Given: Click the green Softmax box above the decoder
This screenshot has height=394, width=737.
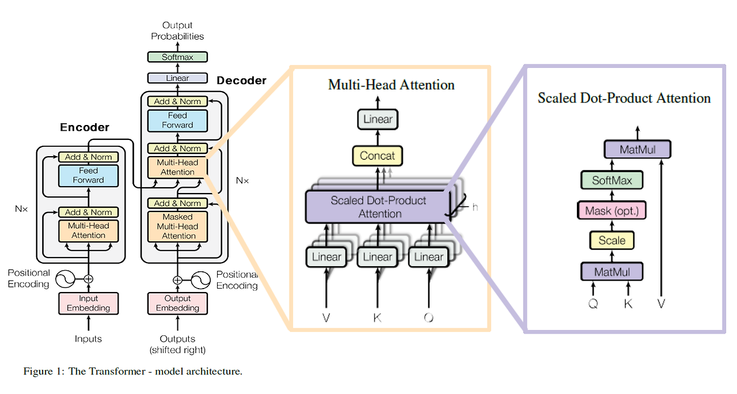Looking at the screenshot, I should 177,57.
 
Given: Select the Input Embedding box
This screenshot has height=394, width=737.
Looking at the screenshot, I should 89,303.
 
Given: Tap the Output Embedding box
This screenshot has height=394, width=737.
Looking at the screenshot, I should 177,303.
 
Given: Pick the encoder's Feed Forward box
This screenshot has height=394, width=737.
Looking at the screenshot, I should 89,175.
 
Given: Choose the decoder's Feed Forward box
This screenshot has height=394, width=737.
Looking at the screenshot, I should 177,120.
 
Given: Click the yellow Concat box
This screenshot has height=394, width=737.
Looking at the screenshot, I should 378,156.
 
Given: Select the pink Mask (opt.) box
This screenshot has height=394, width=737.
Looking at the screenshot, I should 611,211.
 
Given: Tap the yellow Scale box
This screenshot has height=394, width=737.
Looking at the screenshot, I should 611,241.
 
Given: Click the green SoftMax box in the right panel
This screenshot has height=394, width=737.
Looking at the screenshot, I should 611,181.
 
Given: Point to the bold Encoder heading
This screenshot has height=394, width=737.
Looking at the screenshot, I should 85,127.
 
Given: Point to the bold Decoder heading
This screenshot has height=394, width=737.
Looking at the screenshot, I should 241,81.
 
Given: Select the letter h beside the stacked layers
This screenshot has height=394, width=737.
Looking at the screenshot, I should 475,207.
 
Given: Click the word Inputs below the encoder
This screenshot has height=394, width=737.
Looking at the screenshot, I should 89,339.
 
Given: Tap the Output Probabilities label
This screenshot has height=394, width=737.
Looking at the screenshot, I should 177,31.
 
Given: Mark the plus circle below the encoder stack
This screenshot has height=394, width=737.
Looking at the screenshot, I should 89,279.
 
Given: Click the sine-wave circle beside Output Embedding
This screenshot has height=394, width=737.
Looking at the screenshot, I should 200,281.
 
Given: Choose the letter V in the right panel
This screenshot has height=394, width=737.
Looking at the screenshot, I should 660,304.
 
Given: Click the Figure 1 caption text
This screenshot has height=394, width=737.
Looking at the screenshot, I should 132,372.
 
